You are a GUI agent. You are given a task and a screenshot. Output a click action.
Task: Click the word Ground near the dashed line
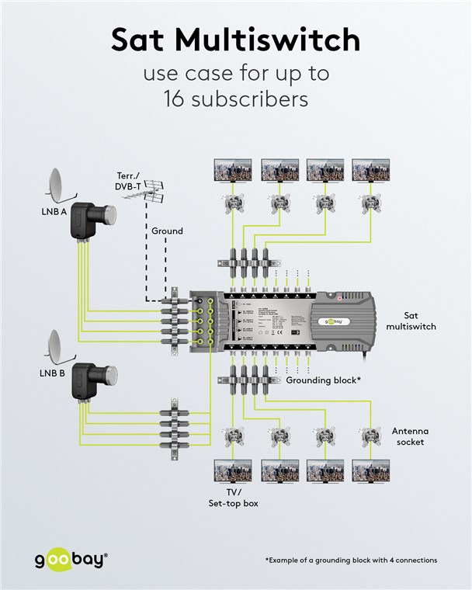click(167, 231)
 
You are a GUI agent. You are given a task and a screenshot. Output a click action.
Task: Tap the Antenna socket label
click(410, 436)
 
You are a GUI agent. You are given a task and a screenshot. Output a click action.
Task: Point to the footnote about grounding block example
click(351, 560)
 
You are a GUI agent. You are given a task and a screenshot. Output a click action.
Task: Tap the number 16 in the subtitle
click(178, 99)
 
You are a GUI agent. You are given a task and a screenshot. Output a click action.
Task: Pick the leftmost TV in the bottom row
click(232, 472)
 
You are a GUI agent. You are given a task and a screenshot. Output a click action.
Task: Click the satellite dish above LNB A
click(59, 184)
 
